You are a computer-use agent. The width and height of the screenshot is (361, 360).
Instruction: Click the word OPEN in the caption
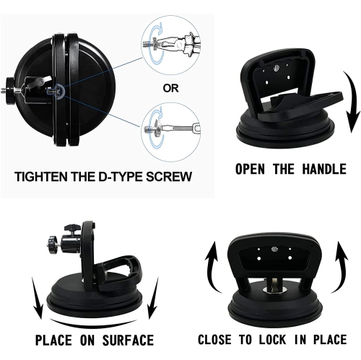point(253,170)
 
